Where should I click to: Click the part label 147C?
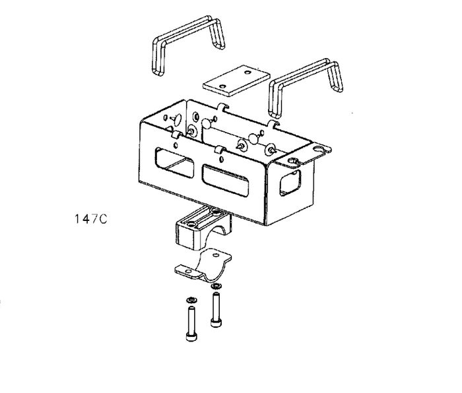pyautogui.click(x=91, y=219)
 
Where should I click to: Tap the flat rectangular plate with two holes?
pyautogui.click(x=236, y=80)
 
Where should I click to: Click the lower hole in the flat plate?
pyautogui.click(x=223, y=86)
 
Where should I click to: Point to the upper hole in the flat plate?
pyautogui.click(x=247, y=72)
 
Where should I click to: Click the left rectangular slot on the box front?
pyautogui.click(x=174, y=162)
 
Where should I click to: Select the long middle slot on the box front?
pyautogui.click(x=226, y=181)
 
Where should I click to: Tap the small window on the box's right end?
pyautogui.click(x=290, y=183)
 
